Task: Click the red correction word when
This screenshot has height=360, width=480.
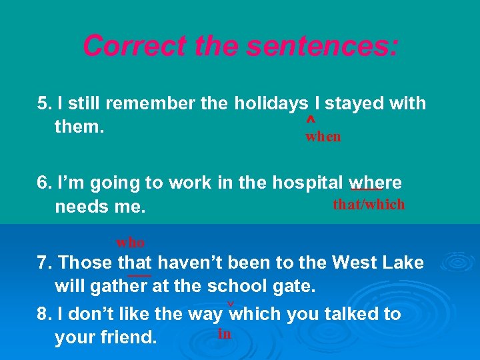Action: [x=323, y=137]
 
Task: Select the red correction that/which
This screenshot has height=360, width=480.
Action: [x=369, y=204]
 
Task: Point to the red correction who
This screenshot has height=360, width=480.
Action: [x=131, y=242]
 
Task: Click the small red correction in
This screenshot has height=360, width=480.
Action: [x=225, y=333]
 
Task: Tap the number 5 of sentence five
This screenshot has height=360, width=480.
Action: [x=43, y=104]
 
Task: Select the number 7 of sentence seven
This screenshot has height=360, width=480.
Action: [x=42, y=263]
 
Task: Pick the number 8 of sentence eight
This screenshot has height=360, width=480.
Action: [x=43, y=314]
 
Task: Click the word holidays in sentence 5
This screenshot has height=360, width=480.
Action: [x=271, y=104]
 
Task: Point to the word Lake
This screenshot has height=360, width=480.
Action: [x=401, y=263]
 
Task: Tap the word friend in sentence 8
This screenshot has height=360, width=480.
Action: [x=128, y=337]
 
